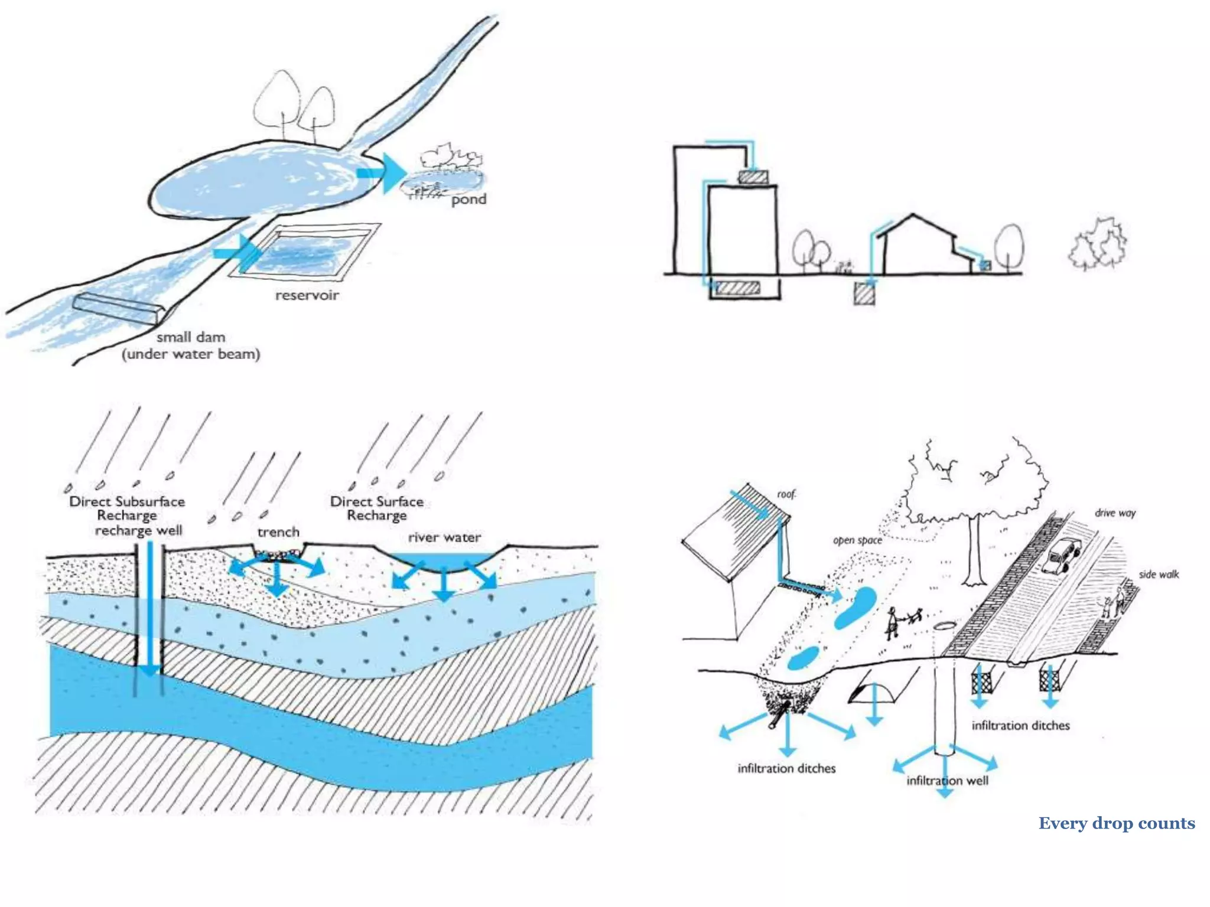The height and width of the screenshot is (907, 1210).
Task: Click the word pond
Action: click(469, 200)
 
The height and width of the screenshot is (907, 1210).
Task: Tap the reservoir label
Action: click(307, 295)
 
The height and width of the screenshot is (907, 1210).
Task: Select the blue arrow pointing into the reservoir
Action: click(239, 253)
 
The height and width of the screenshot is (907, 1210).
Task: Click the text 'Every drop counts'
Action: click(1116, 823)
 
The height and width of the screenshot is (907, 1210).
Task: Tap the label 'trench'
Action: click(278, 532)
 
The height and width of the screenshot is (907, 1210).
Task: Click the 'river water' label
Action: click(444, 537)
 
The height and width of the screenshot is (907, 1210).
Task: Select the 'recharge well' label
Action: click(139, 530)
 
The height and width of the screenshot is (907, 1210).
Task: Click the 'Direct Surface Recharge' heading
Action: click(377, 508)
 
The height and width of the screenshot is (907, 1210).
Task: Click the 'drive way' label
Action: click(1115, 513)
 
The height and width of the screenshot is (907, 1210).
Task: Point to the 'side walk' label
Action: click(1159, 574)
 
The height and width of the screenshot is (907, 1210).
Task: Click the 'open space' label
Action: click(857, 540)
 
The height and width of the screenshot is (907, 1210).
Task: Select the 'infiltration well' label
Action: click(947, 781)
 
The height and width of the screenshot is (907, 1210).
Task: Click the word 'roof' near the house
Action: click(786, 494)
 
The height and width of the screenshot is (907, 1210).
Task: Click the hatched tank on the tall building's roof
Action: click(753, 177)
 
